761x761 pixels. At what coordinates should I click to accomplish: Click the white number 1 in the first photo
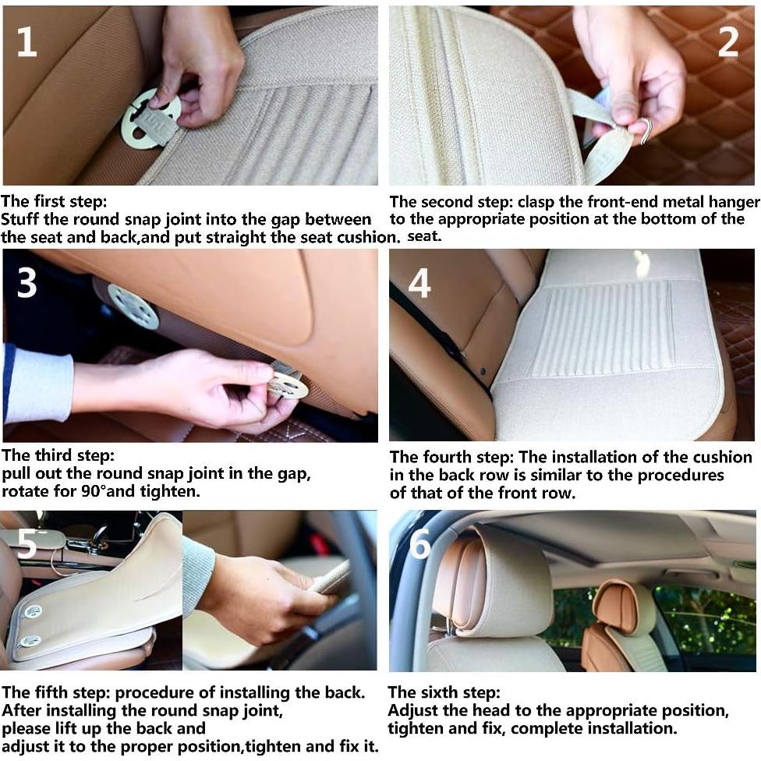tap(27, 42)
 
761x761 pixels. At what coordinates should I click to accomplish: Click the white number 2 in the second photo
tap(728, 42)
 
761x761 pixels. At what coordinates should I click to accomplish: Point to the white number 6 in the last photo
tap(419, 543)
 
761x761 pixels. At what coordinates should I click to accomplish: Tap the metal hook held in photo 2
tap(645, 130)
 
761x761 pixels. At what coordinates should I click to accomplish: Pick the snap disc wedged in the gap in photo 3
tap(133, 306)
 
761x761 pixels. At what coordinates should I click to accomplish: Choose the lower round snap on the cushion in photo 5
tap(30, 642)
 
